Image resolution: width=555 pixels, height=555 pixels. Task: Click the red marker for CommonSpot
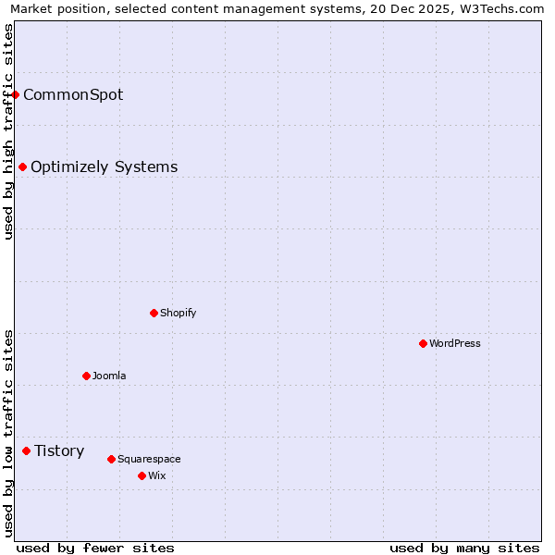[x=16, y=94]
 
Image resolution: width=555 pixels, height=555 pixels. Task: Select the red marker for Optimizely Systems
[x=23, y=167]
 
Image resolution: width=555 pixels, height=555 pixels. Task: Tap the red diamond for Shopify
[x=154, y=313]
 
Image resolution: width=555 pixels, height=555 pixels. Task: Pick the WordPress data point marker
[x=423, y=343]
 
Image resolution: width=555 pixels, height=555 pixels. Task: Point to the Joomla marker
[x=86, y=376]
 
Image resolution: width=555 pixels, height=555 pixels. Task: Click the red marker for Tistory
[x=27, y=451]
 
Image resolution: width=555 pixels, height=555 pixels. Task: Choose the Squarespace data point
[x=111, y=459]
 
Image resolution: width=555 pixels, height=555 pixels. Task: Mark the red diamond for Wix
[x=142, y=475]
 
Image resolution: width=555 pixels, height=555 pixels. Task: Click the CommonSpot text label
[x=73, y=94]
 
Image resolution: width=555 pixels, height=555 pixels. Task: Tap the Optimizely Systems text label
[x=104, y=167]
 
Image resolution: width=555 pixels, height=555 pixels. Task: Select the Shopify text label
[x=178, y=313]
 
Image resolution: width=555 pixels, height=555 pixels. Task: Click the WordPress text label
[x=454, y=343]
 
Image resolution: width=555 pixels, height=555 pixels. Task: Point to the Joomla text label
[x=109, y=376]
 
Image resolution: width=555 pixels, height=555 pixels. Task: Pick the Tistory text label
[x=59, y=451]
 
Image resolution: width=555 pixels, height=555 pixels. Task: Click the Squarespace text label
[x=149, y=459]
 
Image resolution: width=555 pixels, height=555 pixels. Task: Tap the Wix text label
[x=156, y=475]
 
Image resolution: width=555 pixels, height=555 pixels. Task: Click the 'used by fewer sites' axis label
[x=95, y=548]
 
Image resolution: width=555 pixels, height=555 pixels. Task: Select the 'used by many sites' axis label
[x=464, y=548]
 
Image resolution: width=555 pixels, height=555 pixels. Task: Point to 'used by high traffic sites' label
[x=8, y=131]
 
